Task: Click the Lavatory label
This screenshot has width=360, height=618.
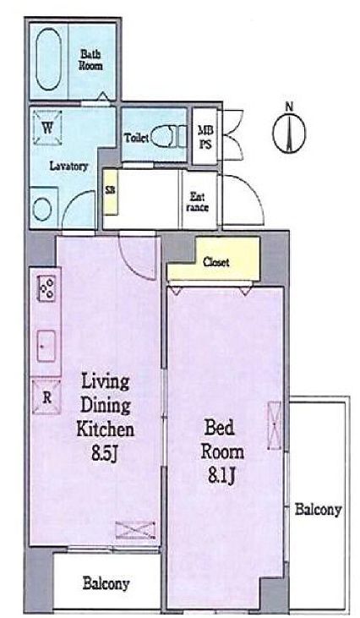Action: click(68, 167)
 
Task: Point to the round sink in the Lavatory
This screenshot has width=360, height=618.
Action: click(43, 208)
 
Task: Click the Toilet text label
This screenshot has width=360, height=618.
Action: click(137, 136)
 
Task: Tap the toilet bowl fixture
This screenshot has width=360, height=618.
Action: click(171, 134)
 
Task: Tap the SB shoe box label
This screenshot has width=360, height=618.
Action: click(110, 190)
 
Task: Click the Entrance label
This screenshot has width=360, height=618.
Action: click(195, 200)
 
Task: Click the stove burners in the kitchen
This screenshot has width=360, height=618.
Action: click(46, 290)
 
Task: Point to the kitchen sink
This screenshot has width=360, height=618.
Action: click(46, 345)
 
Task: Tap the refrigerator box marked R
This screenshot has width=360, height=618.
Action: click(46, 395)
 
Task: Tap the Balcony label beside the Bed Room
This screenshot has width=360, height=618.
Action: click(318, 510)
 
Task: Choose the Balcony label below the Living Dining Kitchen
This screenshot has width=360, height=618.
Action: click(106, 583)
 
